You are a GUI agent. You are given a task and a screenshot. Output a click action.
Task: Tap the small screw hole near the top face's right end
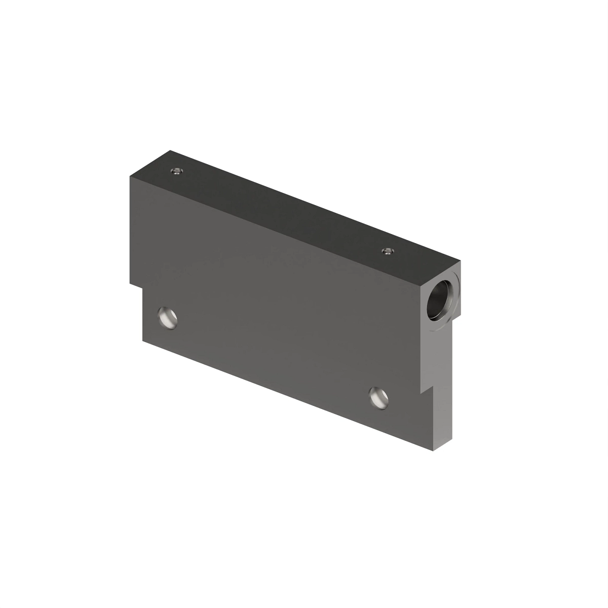(388, 251)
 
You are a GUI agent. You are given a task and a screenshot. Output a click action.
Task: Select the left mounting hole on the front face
(167, 317)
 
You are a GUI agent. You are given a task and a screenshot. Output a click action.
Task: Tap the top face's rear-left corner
(170, 150)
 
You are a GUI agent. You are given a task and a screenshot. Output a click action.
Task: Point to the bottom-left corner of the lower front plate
(143, 340)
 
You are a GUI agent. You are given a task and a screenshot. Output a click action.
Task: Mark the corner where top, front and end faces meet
(420, 285)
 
